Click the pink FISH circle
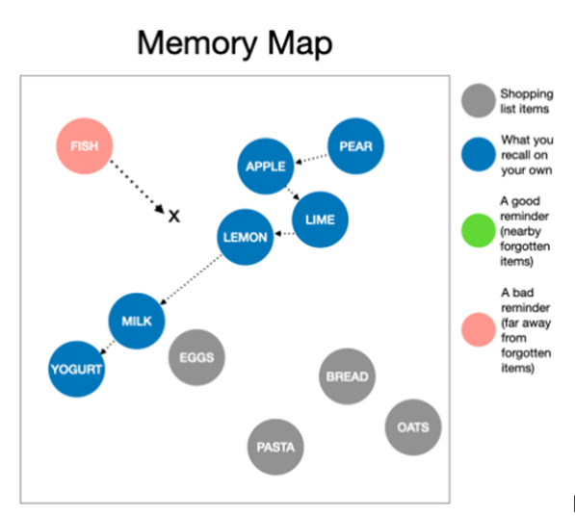[85, 147]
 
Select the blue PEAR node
[355, 147]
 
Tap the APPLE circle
[266, 167]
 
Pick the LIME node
[320, 219]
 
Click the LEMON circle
[246, 237]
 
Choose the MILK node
[137, 321]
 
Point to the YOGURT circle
[76, 368]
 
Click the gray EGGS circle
[196, 358]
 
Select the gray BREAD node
[347, 376]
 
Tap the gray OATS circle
[413, 427]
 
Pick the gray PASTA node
[275, 447]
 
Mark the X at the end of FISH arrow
[174, 217]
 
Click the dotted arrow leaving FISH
[135, 187]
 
